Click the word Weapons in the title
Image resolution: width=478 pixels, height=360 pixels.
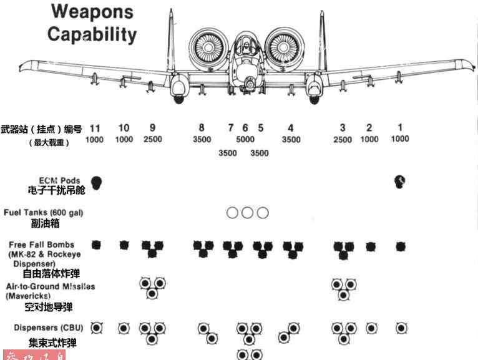pos(92,11)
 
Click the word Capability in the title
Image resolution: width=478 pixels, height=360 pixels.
pos(92,34)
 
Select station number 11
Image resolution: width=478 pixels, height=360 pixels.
pos(95,128)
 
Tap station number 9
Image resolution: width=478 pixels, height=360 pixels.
pos(152,128)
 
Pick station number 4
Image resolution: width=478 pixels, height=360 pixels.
pos(291,128)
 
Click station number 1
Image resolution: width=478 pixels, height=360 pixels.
pos(400,128)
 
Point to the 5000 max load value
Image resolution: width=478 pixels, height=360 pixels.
pos(245,140)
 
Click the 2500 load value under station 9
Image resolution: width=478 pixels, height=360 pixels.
pos(153,140)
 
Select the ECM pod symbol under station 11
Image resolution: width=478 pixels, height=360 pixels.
pos(96,182)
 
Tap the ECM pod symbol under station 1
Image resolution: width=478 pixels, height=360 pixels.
pos(400,182)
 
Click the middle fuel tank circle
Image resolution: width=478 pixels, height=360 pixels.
pos(248,213)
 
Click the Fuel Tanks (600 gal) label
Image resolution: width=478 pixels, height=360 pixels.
pos(44,213)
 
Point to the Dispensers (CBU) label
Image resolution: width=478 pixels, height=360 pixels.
pos(44,328)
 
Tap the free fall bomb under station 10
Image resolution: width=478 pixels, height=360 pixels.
pos(124,245)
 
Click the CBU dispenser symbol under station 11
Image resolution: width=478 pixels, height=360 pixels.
pos(96,328)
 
